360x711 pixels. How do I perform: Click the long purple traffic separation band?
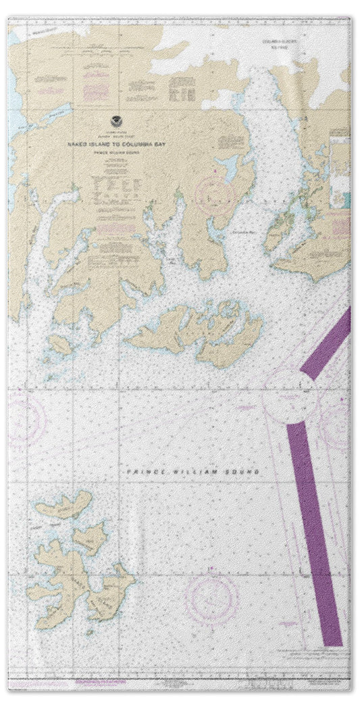pyautogui.click(x=315, y=534)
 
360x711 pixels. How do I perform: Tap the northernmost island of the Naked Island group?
pyautogui.click(x=65, y=504)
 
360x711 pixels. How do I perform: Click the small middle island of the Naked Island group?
pyautogui.click(x=91, y=537)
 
